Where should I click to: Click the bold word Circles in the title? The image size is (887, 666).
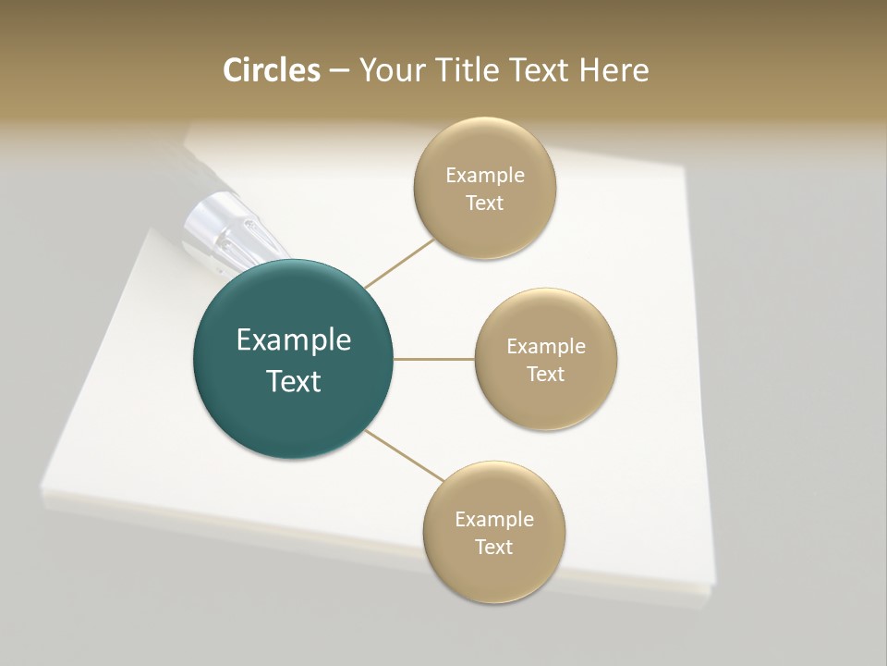(x=272, y=70)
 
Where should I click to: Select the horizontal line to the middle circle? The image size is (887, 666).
(x=433, y=359)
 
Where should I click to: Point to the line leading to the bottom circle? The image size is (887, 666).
(x=405, y=455)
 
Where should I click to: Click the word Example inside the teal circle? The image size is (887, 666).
(x=293, y=340)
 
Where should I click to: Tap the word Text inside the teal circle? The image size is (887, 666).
(x=293, y=381)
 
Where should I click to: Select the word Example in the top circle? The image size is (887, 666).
(x=484, y=176)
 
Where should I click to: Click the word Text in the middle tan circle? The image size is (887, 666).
(x=545, y=375)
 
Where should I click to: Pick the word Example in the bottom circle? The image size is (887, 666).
(x=493, y=520)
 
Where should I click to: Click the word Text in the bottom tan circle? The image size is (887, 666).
(x=493, y=548)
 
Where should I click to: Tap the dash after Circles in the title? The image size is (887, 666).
(x=339, y=71)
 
